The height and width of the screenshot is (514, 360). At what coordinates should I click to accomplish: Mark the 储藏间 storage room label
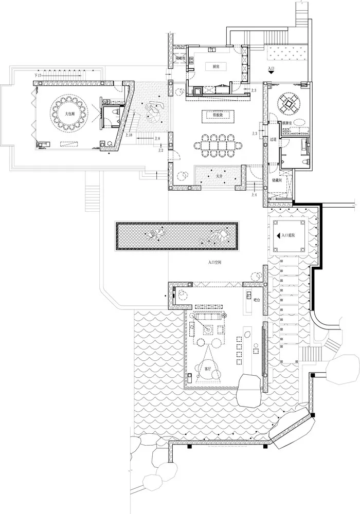(276, 181)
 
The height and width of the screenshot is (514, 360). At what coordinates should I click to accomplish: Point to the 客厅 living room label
(208, 369)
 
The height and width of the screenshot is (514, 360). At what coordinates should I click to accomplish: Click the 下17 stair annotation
(37, 76)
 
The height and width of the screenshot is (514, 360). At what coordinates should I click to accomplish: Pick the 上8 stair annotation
(159, 139)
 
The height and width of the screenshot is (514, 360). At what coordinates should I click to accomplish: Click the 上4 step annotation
(254, 195)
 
